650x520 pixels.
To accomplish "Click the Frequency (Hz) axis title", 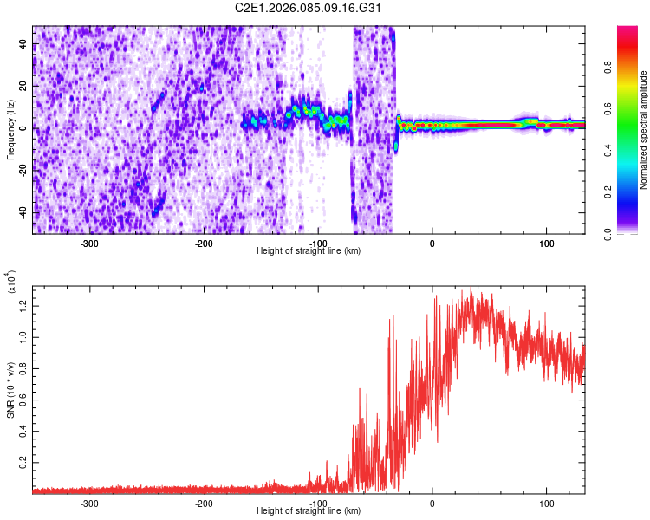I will pyautogui.click(x=10, y=130).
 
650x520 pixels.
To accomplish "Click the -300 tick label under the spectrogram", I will pyautogui.click(x=89, y=244).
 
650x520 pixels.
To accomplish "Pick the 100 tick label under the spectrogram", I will pyautogui.click(x=546, y=244).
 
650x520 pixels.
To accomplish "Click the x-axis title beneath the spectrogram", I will pyautogui.click(x=309, y=251).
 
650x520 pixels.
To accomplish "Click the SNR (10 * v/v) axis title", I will pyautogui.click(x=10, y=386).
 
